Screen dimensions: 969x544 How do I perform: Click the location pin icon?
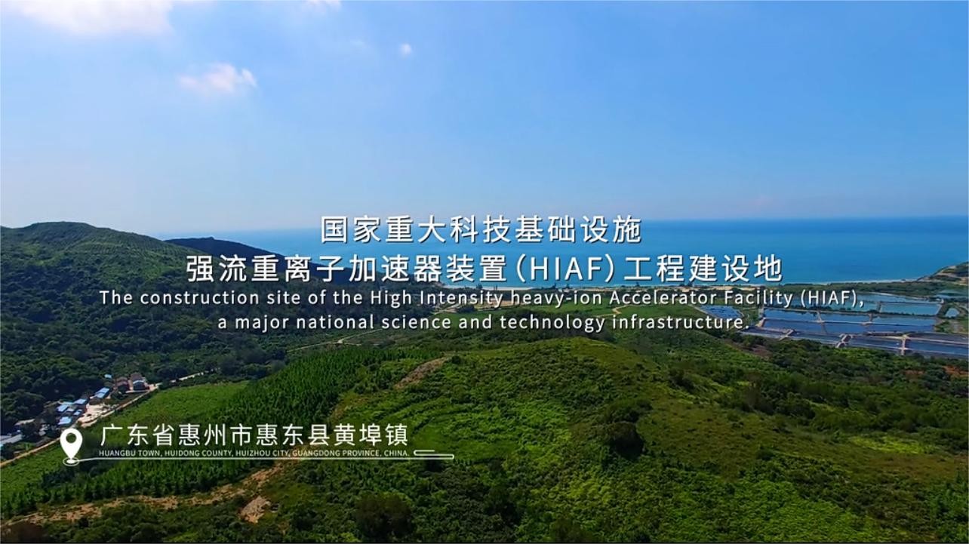[71, 445]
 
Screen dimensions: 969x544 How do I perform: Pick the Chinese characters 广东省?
[137, 435]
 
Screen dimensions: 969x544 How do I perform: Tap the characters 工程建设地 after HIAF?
[702, 269]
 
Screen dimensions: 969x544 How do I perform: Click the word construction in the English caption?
[199, 298]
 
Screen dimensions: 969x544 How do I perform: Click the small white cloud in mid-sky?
[218, 79]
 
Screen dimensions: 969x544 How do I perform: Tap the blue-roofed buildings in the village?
[75, 407]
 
